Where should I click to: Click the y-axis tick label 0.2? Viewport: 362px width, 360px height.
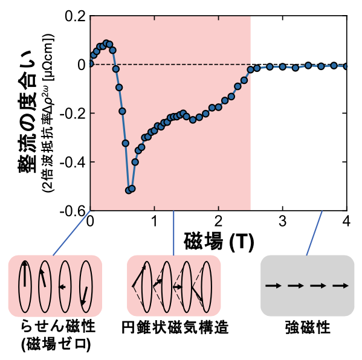(72, 16)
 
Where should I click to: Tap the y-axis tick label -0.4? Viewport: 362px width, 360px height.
(70, 162)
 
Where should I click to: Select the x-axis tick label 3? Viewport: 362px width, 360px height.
(282, 220)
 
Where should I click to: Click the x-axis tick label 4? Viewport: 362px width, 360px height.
(346, 220)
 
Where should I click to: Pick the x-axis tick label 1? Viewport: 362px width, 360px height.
(154, 220)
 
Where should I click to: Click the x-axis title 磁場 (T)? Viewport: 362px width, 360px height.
(218, 240)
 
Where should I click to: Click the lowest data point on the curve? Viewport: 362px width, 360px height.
(128, 190)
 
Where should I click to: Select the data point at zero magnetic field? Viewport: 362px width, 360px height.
(91, 63)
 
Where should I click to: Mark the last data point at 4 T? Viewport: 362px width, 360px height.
(346, 66)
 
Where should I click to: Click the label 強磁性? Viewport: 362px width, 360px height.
(307, 329)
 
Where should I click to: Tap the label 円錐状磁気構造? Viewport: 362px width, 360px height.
(173, 329)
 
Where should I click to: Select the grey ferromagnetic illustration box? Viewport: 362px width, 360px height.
(307, 286)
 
